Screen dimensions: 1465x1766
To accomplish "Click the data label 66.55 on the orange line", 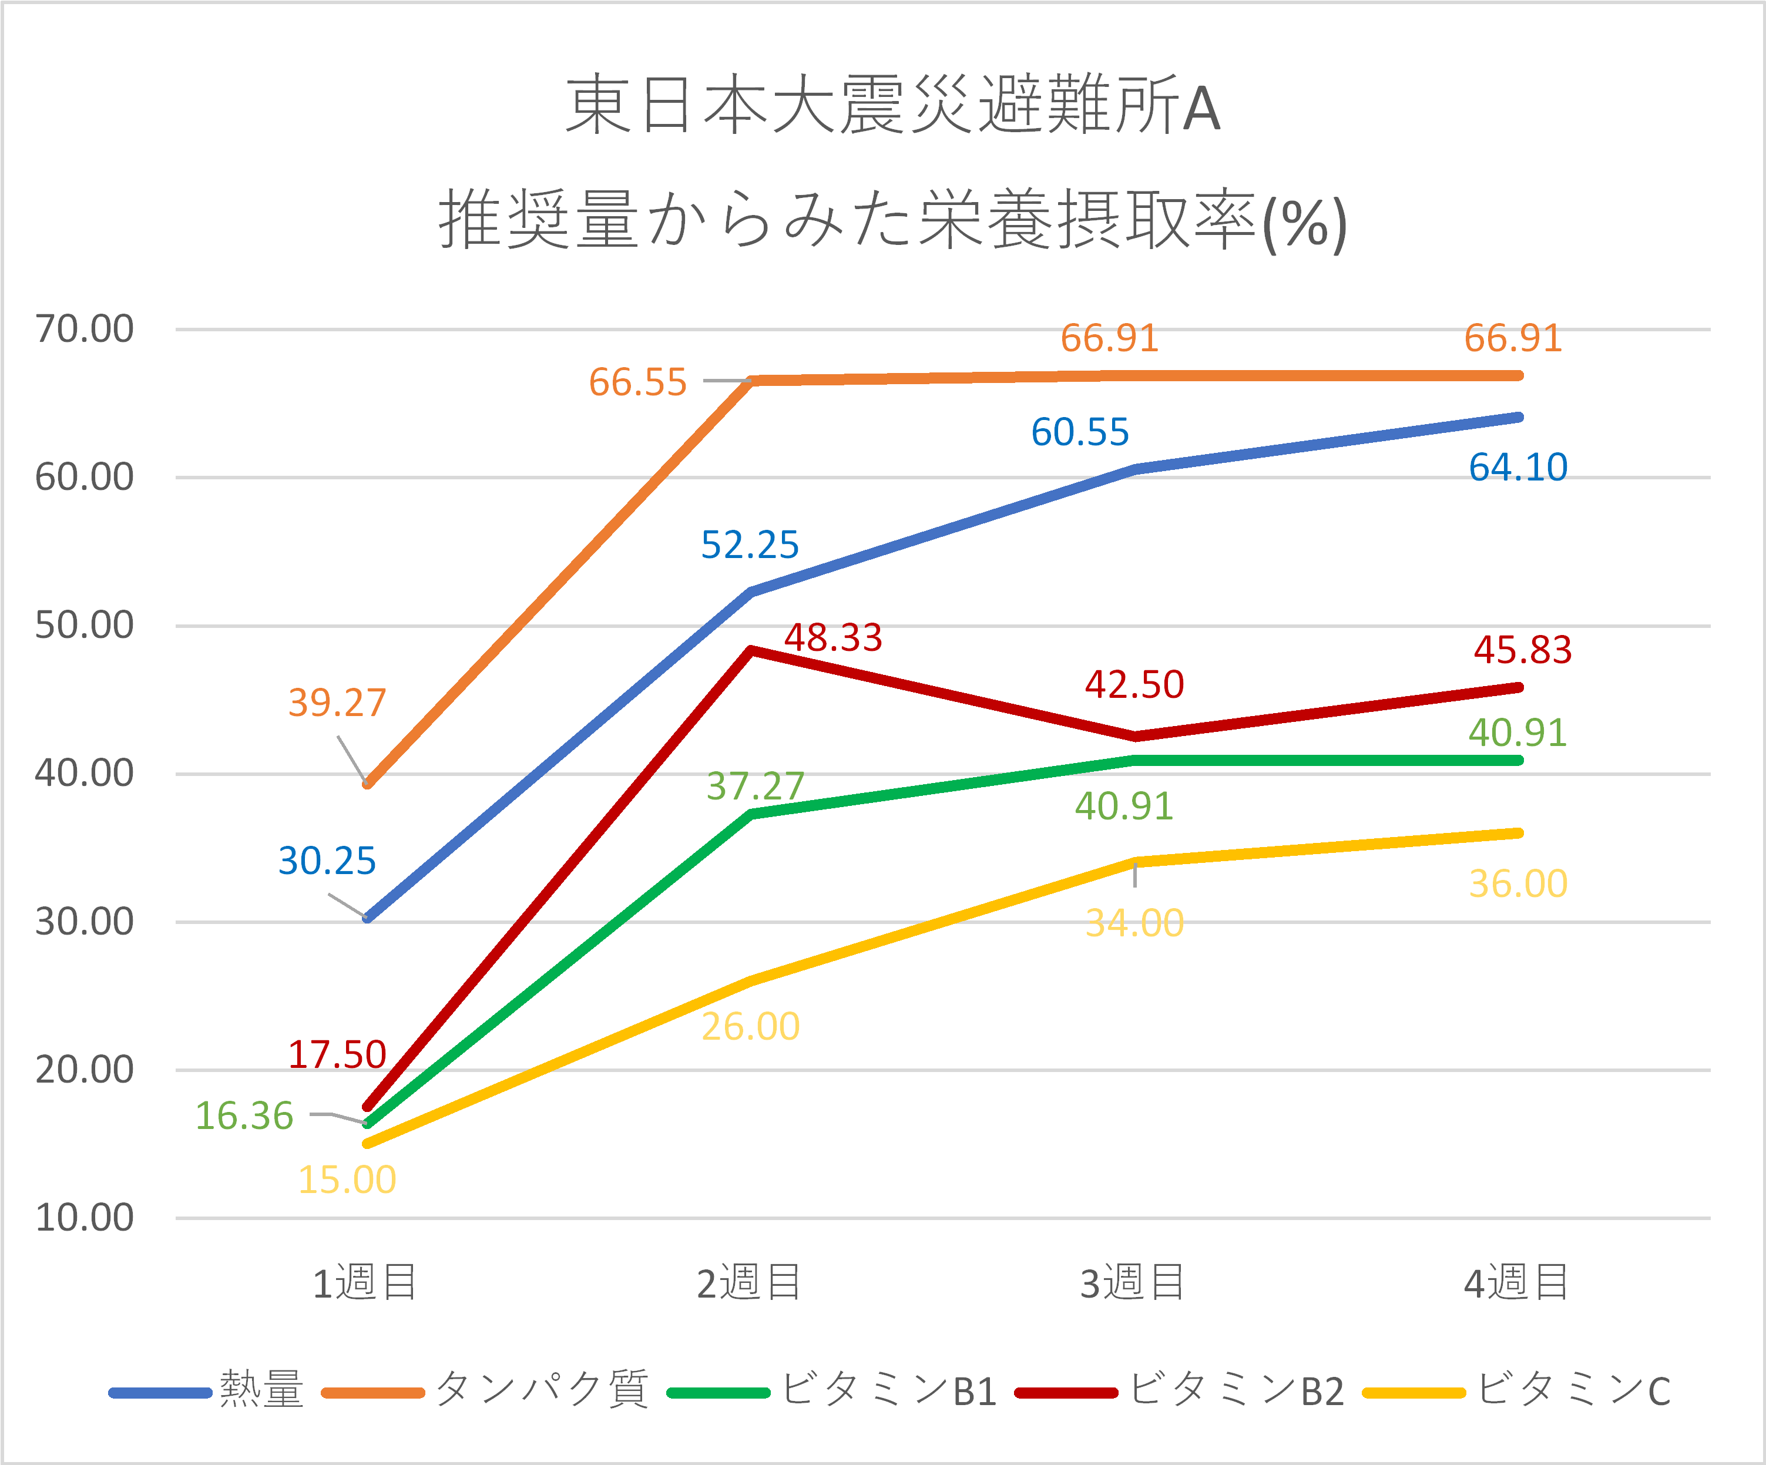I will (637, 382).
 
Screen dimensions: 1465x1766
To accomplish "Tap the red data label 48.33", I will (832, 637).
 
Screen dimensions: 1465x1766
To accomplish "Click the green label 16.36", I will (244, 1116).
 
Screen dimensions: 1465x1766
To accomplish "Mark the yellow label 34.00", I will (1134, 923).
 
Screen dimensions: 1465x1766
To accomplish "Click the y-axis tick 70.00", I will (84, 329).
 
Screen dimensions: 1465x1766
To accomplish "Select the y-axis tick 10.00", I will (84, 1218).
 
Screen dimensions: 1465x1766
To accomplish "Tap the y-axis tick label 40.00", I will (84, 773).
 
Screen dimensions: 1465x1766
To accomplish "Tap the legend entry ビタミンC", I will (1573, 1391).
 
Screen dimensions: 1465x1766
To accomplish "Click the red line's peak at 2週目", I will (751, 650).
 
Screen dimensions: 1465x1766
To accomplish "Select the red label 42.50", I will (1134, 684).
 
